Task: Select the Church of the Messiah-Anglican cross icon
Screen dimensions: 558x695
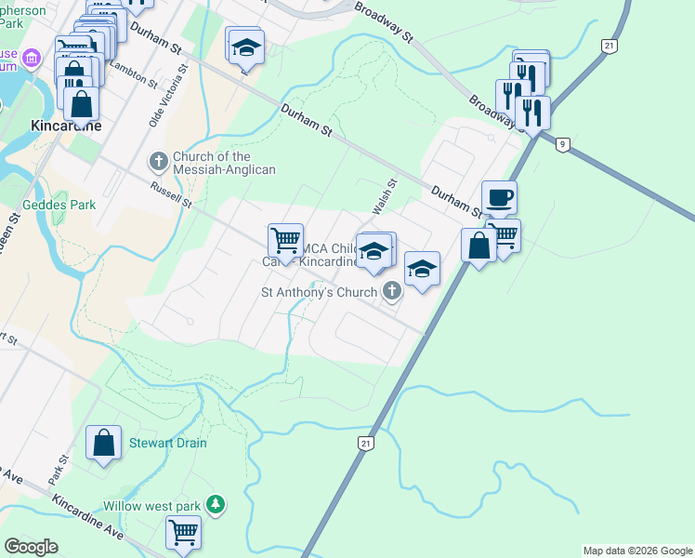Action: pos(158,162)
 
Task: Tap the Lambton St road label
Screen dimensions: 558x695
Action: pos(134,72)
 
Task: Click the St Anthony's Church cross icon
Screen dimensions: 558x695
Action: pos(392,292)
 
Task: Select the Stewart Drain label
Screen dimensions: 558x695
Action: pos(167,443)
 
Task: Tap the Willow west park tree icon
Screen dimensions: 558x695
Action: pos(216,504)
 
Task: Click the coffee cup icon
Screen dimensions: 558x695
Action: pos(499,198)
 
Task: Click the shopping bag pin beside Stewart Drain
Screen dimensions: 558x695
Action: pos(104,444)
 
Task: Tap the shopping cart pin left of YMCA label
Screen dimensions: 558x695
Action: pos(285,240)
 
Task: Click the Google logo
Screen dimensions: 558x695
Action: pos(31,547)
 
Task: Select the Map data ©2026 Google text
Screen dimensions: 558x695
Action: pos(637,551)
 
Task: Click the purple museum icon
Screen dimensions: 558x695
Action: pos(32,60)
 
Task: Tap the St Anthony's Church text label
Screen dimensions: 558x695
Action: pos(319,292)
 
